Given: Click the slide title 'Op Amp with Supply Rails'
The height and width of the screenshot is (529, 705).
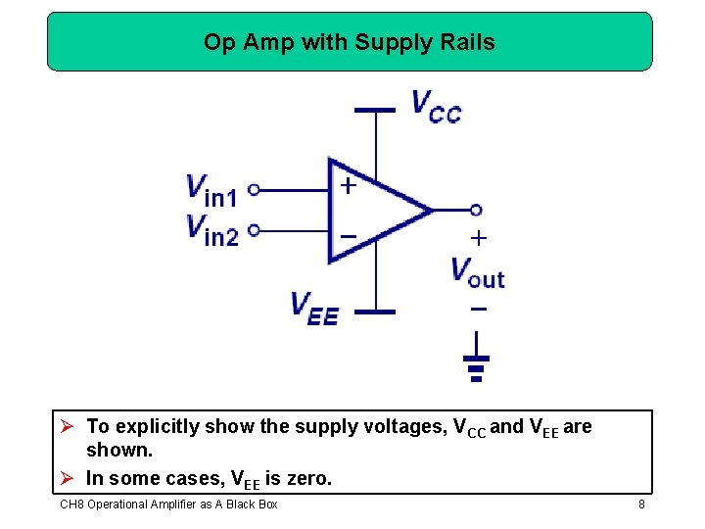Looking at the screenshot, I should point(350,42).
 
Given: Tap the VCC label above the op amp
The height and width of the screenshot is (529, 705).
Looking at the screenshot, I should point(436,106).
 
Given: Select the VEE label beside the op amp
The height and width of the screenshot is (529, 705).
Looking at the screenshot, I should point(314,308).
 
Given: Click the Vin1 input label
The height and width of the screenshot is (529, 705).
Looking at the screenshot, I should point(211,190).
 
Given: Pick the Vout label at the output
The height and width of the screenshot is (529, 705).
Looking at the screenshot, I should point(478,271).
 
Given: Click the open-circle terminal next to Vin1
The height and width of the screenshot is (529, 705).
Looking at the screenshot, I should point(254,190).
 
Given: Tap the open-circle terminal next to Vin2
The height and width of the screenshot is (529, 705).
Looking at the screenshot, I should point(254,230).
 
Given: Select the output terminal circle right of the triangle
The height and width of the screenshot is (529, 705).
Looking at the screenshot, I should point(476,210).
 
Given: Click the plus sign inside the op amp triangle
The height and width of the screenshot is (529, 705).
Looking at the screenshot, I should point(348,185).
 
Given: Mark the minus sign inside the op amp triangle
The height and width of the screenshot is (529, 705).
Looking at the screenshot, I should point(348,236).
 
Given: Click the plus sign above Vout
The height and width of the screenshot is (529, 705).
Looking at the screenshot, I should point(478,237).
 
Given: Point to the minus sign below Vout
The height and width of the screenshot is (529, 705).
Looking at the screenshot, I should point(478,309).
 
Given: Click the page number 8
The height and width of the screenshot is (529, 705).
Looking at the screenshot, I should point(641,505).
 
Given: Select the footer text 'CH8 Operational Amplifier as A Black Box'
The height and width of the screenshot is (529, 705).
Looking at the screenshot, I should point(168,505).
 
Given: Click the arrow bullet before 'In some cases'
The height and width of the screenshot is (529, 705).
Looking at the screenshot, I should point(68,479).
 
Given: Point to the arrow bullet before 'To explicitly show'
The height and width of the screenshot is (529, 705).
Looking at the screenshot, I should point(68,426).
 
